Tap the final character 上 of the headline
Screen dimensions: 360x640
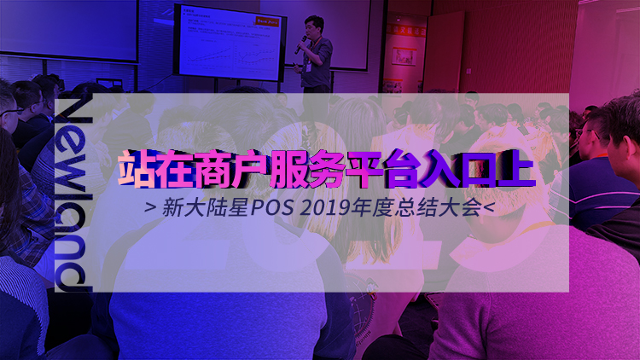515,170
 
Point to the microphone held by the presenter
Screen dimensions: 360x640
300,45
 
